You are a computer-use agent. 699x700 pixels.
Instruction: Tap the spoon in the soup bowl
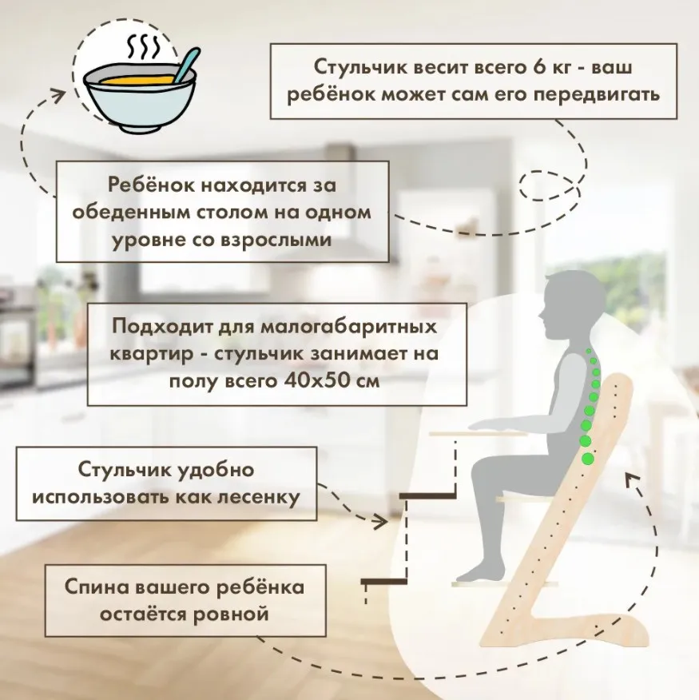tap(183, 66)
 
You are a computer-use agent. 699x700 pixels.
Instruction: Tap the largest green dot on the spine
tap(589, 459)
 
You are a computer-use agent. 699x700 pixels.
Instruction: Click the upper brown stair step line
tap(427, 496)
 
